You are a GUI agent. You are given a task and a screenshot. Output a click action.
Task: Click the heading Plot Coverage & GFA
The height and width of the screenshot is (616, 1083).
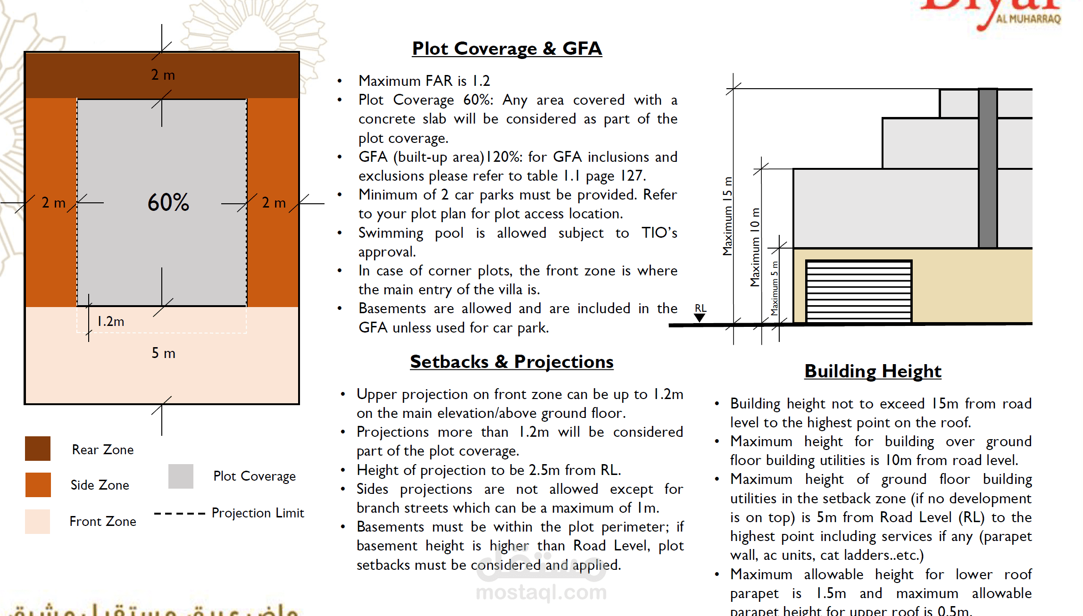coord(507,49)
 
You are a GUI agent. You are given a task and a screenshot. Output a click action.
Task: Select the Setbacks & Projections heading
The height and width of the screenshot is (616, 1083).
coord(511,362)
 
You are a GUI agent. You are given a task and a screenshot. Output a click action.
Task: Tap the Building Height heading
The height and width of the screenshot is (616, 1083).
coord(873,371)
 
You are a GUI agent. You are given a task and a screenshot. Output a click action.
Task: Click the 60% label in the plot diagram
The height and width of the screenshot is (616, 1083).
coord(168,202)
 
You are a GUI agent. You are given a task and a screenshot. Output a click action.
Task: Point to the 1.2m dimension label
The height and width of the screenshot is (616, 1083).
coord(111,322)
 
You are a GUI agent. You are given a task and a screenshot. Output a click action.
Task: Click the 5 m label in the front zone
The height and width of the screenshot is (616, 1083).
coord(163,353)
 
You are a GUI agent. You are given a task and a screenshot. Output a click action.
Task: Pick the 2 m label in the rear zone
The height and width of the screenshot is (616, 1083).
coord(163,75)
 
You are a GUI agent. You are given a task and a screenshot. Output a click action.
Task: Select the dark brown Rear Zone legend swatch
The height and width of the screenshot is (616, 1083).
coord(38,449)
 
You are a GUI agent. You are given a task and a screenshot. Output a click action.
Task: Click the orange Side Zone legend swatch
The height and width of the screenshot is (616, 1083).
coord(38,484)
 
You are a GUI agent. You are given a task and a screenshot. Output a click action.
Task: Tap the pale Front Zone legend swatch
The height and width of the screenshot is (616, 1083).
coord(38,521)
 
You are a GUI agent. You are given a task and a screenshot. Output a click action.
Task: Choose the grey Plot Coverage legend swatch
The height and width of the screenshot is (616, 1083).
coord(181,476)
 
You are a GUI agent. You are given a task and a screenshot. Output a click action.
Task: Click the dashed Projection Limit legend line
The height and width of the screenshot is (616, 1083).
coord(179,514)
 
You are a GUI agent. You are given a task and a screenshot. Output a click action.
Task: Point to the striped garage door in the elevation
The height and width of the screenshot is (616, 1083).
coord(858,291)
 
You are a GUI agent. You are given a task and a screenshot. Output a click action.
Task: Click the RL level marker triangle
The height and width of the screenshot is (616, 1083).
coord(700,317)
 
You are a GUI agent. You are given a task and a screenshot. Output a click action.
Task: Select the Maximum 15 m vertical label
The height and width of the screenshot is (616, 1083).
coord(728,216)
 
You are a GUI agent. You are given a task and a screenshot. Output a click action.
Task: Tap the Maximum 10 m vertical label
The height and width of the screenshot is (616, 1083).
coord(755,247)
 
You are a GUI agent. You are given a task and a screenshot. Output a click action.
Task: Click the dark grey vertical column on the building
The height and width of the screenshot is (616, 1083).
coord(988,168)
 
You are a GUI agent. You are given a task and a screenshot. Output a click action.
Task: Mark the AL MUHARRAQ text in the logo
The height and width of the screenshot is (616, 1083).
coord(1028,19)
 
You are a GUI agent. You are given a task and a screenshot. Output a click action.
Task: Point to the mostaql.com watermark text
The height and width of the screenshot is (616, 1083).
coord(541,592)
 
